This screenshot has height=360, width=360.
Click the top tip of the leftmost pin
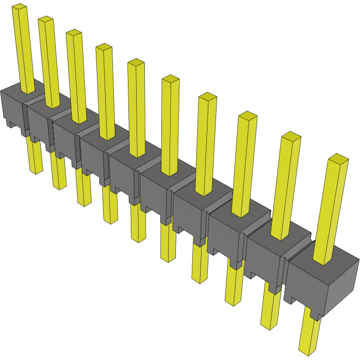[19, 7]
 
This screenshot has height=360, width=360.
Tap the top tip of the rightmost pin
[338, 158]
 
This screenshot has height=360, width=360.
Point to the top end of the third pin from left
[74, 32]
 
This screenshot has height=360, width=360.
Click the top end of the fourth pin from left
[104, 47]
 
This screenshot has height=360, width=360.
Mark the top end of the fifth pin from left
[136, 63]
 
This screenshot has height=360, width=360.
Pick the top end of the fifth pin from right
[171, 79]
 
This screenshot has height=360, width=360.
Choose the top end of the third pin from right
[248, 116]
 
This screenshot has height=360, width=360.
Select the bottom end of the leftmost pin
[36, 171]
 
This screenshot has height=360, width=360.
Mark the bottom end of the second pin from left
[60, 187]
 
